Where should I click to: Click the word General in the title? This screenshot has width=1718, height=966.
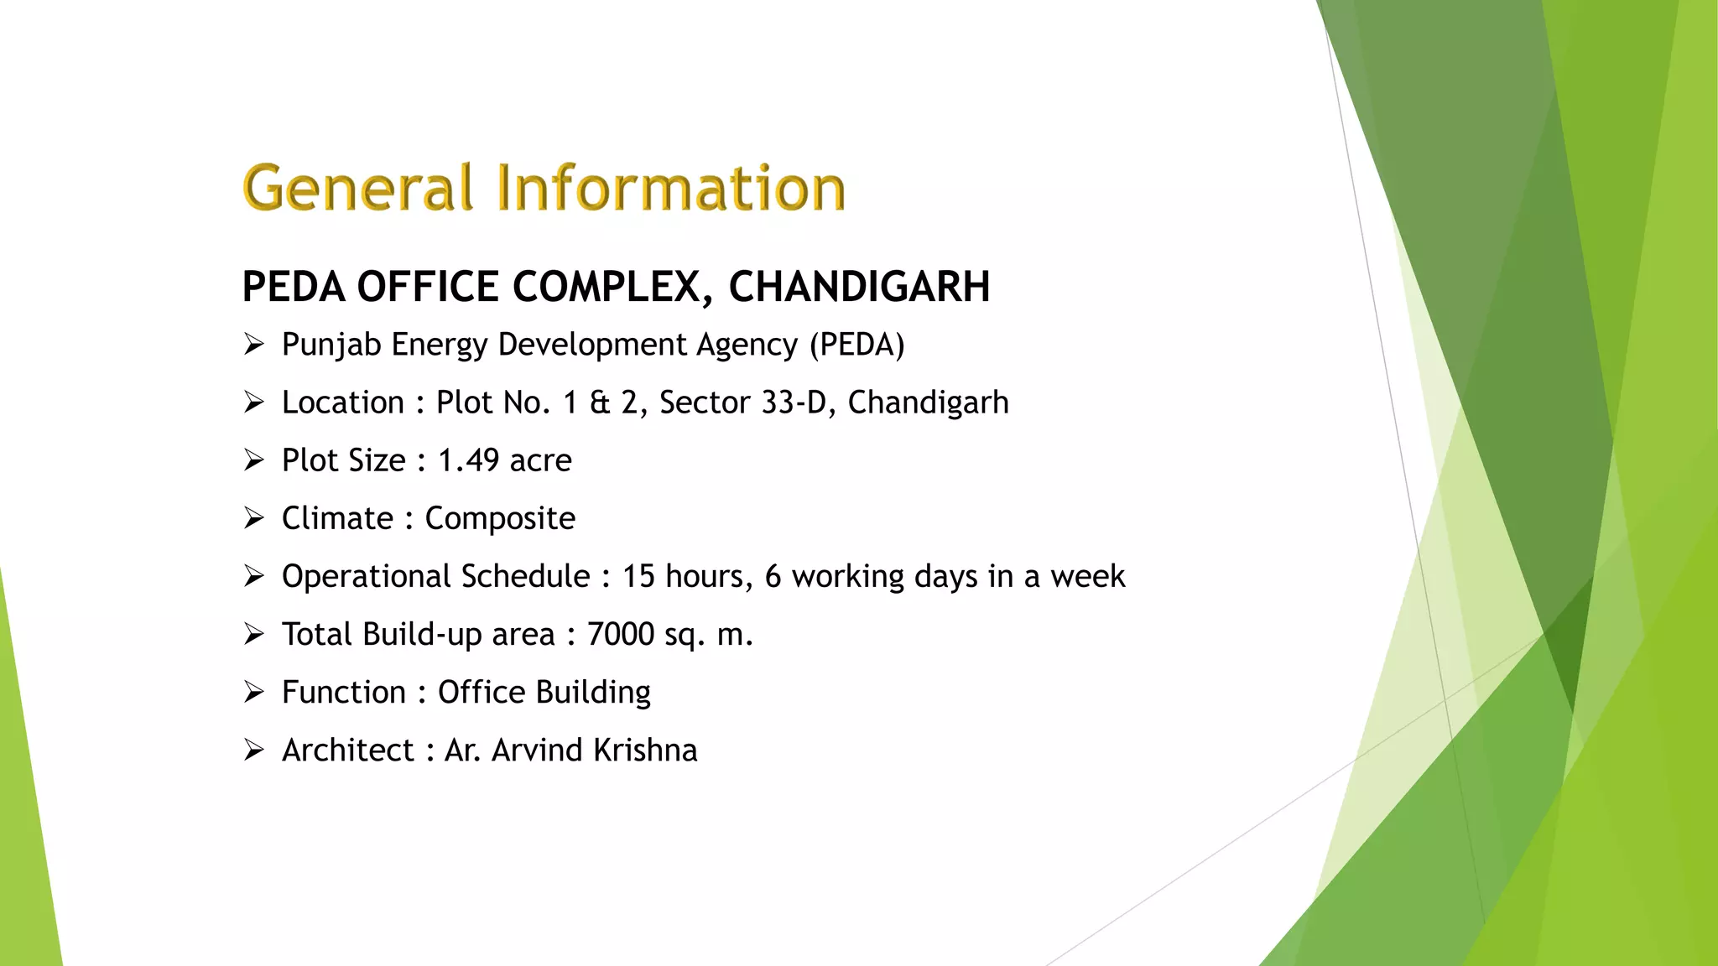click(x=358, y=188)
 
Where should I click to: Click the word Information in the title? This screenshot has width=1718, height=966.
click(x=671, y=188)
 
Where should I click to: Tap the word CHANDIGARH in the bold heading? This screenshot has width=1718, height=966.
click(x=859, y=288)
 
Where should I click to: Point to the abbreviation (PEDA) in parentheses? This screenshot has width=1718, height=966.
click(x=856, y=345)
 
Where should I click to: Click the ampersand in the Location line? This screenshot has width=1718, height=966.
click(x=600, y=403)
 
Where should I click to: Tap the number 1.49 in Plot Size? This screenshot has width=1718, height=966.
click(x=468, y=461)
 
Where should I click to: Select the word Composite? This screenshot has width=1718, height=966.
click(x=500, y=519)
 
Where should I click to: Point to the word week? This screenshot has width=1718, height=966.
click(x=1087, y=577)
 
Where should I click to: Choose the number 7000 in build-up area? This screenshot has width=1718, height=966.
click(x=620, y=635)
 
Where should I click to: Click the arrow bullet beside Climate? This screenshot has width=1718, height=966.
click(x=254, y=518)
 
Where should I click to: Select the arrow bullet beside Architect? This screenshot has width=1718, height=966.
click(x=254, y=750)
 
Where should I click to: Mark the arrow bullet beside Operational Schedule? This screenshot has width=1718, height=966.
click(x=254, y=576)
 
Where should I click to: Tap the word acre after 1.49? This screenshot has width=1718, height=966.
click(x=540, y=461)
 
